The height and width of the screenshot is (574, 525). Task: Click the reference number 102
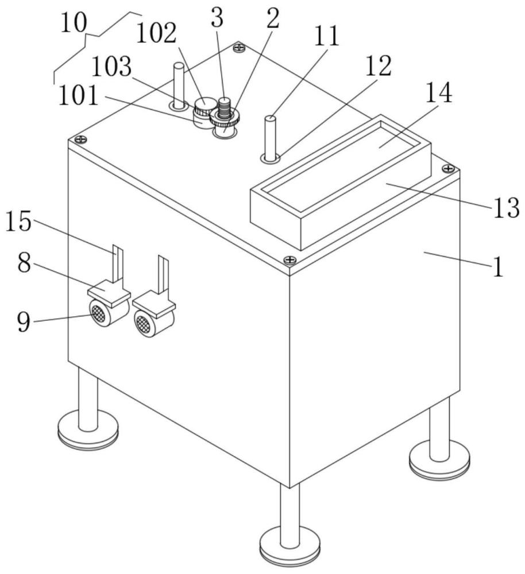(x=156, y=34)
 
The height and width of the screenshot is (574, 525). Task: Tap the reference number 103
(x=111, y=67)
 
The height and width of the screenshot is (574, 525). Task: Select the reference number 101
(x=78, y=95)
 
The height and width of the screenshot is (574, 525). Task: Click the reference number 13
(x=507, y=208)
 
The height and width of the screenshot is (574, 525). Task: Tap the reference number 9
(x=24, y=321)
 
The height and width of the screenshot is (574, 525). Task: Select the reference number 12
(x=379, y=66)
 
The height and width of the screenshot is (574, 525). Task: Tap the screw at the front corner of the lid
(x=290, y=260)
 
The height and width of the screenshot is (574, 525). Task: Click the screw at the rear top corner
(x=239, y=47)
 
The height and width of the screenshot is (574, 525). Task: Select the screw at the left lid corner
(x=81, y=139)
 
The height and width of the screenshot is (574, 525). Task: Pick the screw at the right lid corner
(x=447, y=168)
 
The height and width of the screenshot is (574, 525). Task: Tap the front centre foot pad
(x=289, y=548)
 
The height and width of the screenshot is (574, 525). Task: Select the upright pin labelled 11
(x=271, y=138)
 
